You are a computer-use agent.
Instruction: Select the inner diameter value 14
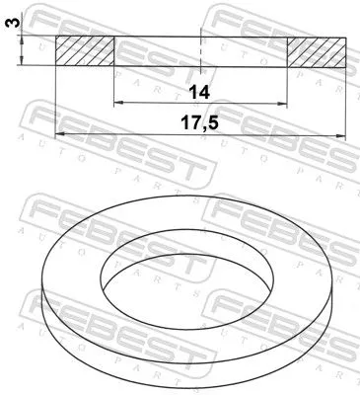click(200, 92)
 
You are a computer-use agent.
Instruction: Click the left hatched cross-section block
click(85, 51)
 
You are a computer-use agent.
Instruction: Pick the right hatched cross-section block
click(317, 51)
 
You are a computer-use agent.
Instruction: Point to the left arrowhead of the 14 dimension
click(118, 103)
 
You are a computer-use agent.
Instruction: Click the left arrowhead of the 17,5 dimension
click(60, 133)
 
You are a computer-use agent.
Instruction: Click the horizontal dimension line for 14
click(158, 103)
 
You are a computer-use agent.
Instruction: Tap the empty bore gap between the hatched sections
click(158, 51)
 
